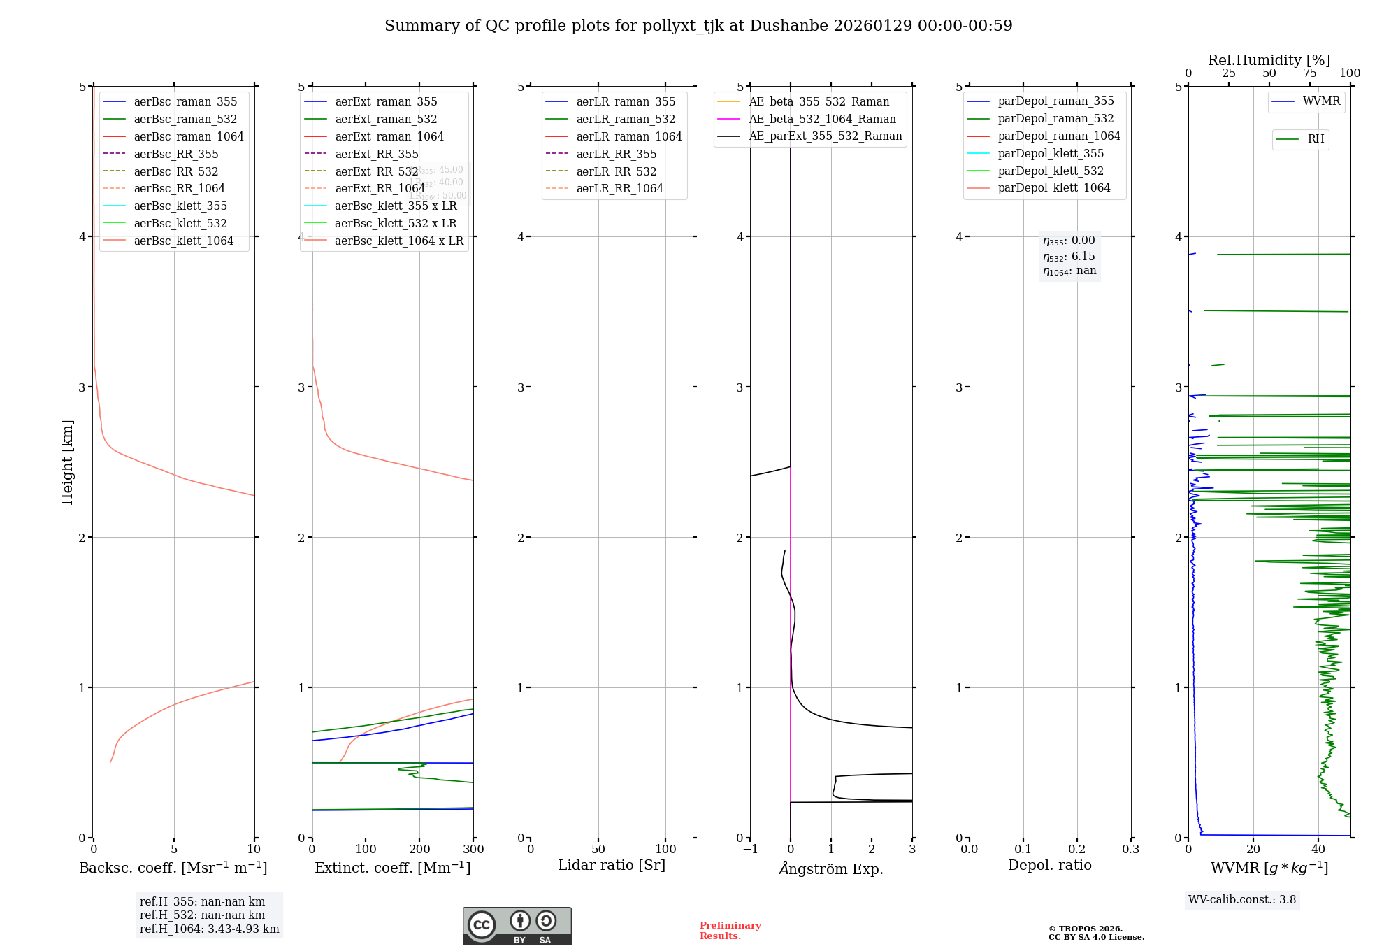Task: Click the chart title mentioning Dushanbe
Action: pos(698,26)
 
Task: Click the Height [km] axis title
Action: pos(67,462)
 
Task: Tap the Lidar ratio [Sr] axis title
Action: pos(612,865)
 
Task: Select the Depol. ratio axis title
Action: pos(1049,865)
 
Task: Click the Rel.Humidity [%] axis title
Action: pos(1269,60)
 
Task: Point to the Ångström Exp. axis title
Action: pos(831,868)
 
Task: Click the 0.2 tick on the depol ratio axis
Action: pos(1077,849)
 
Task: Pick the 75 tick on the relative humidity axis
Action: pos(1309,73)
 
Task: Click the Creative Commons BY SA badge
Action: pos(517,926)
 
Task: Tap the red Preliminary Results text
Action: pos(730,931)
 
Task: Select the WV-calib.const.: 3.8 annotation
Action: pos(1241,900)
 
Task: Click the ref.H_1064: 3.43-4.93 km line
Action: pos(209,929)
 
